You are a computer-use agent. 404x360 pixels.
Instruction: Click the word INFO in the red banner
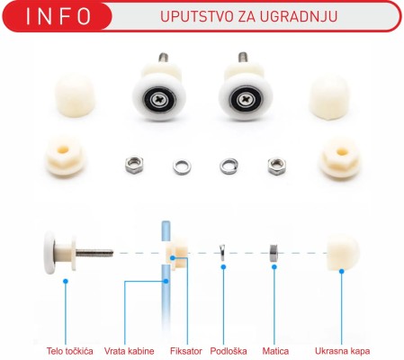click(58, 16)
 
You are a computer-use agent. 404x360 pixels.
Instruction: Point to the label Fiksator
click(185, 350)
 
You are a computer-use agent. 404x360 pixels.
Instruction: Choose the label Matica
click(274, 350)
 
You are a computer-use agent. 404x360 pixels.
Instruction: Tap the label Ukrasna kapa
click(343, 350)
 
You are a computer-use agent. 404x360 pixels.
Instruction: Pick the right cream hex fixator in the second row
click(339, 158)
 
